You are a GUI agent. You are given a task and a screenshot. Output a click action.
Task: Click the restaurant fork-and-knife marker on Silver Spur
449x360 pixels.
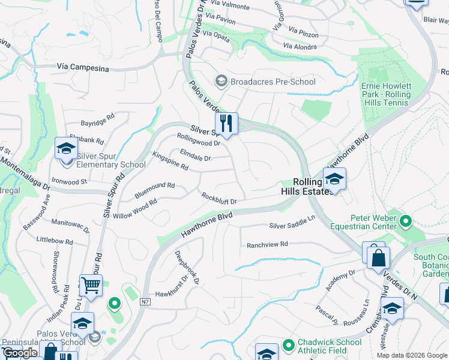(226, 124)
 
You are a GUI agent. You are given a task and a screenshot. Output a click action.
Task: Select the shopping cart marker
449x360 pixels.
(91, 285)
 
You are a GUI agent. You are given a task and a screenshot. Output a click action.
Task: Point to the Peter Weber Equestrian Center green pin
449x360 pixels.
(406, 222)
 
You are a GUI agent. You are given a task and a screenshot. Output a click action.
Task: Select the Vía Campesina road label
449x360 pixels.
(83, 68)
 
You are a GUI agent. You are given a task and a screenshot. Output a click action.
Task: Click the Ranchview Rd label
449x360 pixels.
(268, 244)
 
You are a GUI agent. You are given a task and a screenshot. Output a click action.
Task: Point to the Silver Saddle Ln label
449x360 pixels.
(292, 223)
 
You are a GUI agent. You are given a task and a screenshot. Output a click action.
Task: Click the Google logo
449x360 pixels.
(20, 353)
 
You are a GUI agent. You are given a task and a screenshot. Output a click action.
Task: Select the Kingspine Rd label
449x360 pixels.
(170, 161)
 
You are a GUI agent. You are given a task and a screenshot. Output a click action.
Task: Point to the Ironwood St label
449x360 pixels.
(70, 181)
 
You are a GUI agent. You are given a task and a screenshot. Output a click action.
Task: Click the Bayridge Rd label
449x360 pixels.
(97, 122)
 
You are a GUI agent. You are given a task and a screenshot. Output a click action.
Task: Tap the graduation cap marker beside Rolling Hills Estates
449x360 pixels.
(334, 179)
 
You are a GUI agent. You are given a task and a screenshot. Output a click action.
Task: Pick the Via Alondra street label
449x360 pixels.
(300, 46)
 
